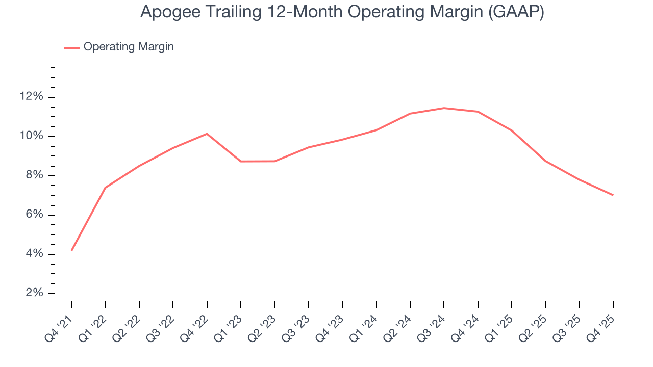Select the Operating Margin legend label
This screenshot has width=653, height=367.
tap(129, 47)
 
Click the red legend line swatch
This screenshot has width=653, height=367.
tap(72, 47)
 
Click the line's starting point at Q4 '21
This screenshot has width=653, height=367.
tap(71, 250)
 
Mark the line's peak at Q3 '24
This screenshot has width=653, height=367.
tap(444, 108)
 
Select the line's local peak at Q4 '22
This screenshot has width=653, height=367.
tap(207, 134)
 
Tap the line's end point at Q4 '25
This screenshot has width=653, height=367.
tap(613, 195)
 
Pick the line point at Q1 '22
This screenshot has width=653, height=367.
tap(105, 188)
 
